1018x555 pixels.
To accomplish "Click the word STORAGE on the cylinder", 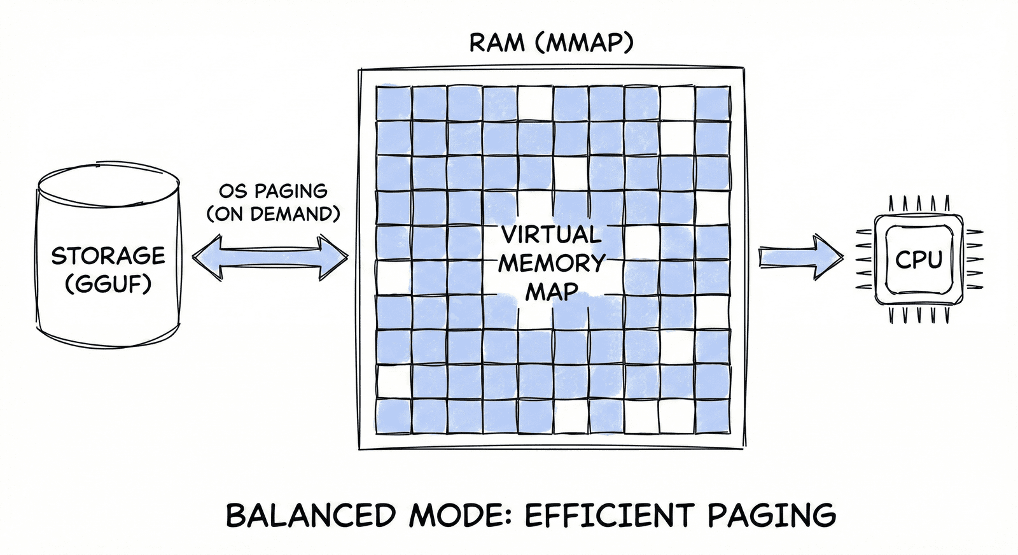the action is click(108, 256).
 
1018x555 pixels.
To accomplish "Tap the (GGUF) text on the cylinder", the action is click(108, 285).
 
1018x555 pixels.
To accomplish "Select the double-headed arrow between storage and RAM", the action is click(270, 257).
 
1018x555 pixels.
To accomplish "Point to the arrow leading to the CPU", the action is click(801, 257).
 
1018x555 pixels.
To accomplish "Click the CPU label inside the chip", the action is click(919, 260).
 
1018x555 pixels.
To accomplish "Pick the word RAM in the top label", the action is click(497, 43).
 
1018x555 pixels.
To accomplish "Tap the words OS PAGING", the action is click(273, 192).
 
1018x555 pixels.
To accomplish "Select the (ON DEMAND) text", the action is click(273, 214).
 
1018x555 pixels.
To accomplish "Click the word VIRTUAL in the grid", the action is click(551, 235).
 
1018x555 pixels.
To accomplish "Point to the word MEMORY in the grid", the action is click(552, 263).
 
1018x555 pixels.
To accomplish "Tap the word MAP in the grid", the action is click(552, 291).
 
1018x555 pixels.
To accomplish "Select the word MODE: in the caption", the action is click(461, 515).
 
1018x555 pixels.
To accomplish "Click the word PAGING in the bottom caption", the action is click(772, 516).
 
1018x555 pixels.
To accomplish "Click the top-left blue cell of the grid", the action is click(394, 103).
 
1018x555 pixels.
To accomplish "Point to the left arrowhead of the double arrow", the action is click(207, 257).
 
